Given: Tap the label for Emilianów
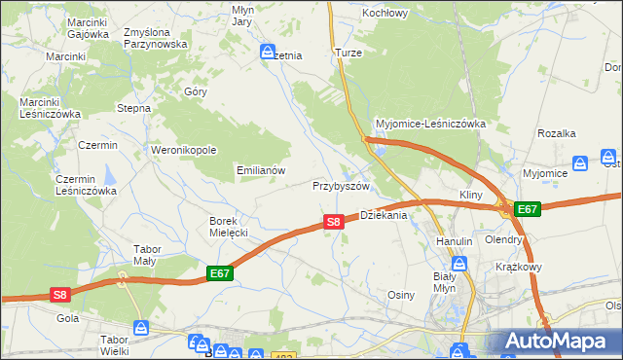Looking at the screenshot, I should click(x=261, y=170).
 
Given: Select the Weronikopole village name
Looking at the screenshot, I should click(x=183, y=150).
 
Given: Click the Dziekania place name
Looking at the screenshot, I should click(x=384, y=216).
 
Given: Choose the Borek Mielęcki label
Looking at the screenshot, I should click(x=230, y=227).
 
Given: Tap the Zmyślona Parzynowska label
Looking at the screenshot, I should click(x=155, y=38).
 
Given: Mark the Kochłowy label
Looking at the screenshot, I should click(x=385, y=14).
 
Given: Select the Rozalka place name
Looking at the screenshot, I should click(x=558, y=133).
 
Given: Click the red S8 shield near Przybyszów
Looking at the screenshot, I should click(x=333, y=222).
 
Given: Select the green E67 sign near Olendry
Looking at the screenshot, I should click(x=527, y=209).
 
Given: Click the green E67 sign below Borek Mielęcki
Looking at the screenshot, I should click(x=220, y=275).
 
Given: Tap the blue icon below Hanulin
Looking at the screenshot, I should click(x=458, y=263).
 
